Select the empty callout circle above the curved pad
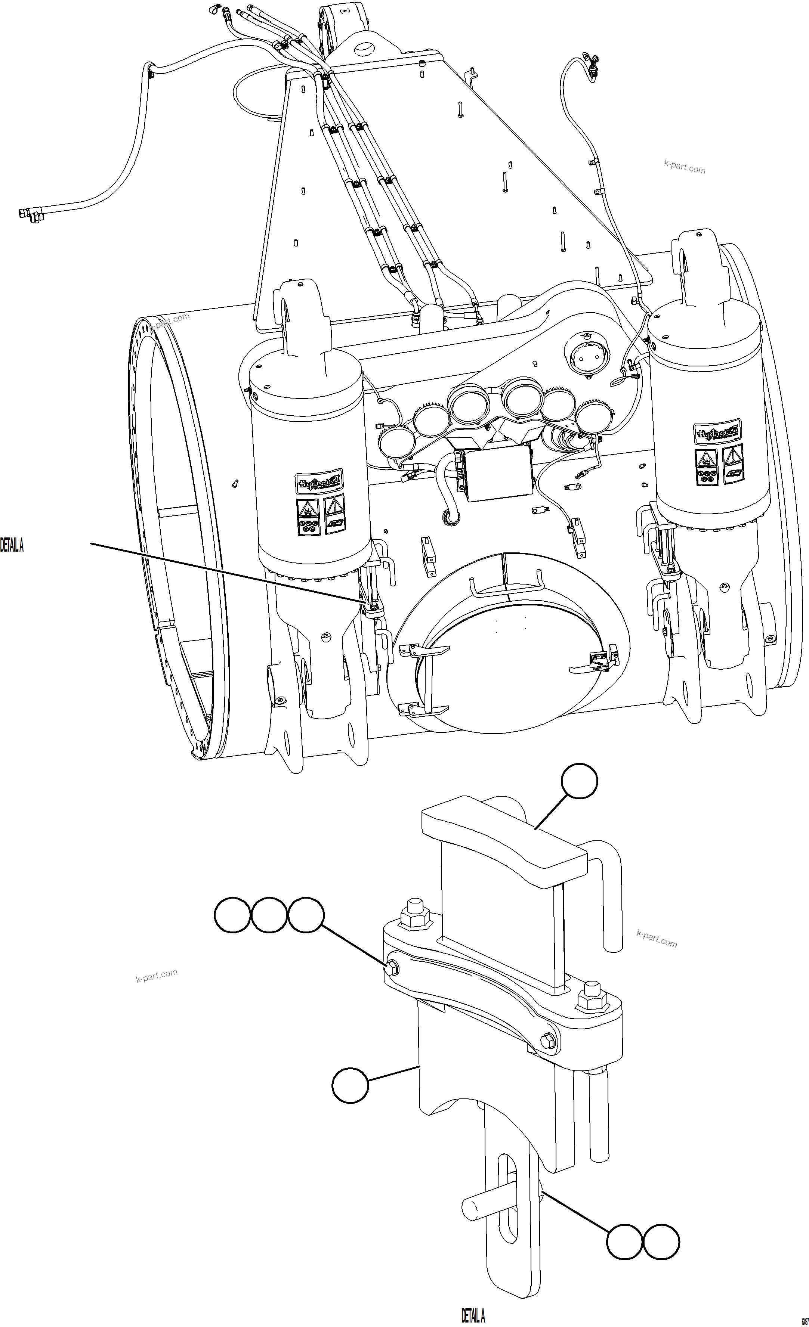coord(580,781)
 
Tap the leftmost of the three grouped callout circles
coord(233,914)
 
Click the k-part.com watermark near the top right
coord(685,167)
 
